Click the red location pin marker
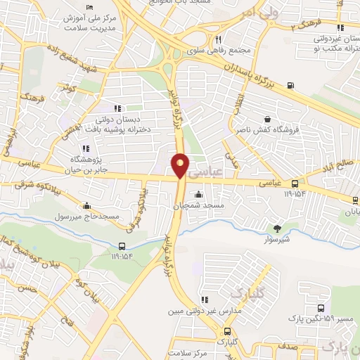[180, 166]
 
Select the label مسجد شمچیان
[199, 205]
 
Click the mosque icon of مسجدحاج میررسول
[86, 205]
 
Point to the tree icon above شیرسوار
[277, 227]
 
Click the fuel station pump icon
[291, 86]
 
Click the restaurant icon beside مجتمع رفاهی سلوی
[219, 40]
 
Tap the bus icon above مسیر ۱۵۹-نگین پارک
[321, 308]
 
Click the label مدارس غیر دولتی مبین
[205, 309]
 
